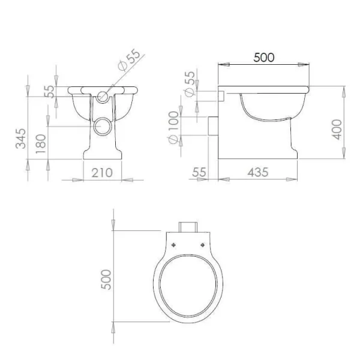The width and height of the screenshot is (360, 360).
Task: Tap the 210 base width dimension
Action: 102,173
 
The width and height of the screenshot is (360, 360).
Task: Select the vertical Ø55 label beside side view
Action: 189,83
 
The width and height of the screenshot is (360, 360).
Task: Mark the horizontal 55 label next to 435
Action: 200,172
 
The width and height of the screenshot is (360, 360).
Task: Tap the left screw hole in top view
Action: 173,245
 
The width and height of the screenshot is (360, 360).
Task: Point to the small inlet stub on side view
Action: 220,95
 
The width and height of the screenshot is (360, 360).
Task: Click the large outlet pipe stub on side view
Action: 212,127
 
